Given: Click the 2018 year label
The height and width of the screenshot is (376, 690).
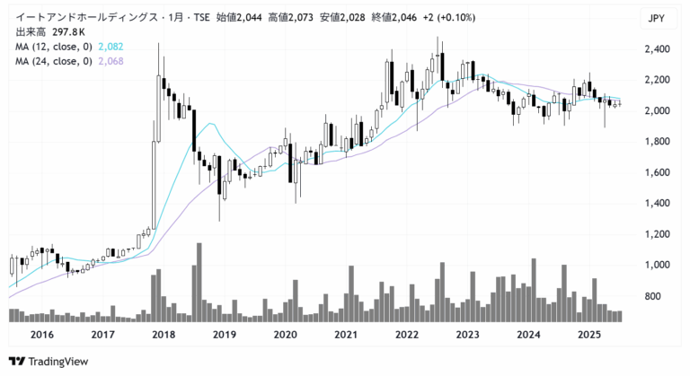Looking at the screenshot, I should pos(164,334).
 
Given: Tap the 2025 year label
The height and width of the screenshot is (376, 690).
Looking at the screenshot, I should pos(588,334).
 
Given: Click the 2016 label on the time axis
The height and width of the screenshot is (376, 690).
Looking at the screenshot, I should pos(41,334).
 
